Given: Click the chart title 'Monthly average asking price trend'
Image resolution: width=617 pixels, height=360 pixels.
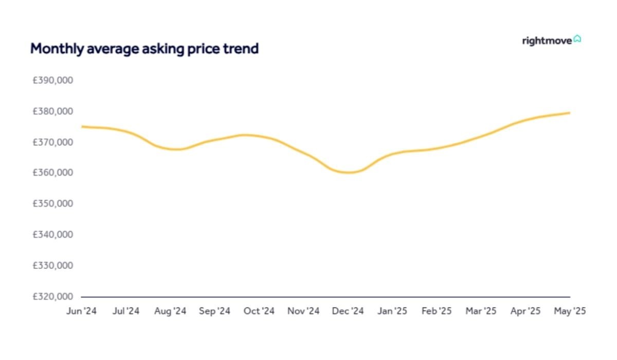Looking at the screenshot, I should (144, 49).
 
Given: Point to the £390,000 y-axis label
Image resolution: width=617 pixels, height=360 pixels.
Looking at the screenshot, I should (53, 81).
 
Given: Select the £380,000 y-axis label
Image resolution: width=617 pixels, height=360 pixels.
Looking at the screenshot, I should (53, 112).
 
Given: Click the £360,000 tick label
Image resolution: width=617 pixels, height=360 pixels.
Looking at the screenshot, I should (53, 173).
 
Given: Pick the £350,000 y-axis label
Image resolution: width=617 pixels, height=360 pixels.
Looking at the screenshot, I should (53, 204).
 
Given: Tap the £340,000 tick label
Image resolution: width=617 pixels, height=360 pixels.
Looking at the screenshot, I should (53, 235).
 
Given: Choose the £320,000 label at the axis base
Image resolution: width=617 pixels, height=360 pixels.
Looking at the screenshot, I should (53, 297).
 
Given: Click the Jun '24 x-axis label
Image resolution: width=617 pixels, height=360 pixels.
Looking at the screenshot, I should (81, 311).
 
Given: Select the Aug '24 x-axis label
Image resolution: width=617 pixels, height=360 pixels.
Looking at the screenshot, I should (170, 311).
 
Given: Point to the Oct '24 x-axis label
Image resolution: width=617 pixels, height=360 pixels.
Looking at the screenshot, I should (259, 311).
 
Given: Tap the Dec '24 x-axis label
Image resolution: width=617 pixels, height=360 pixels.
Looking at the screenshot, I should (348, 311).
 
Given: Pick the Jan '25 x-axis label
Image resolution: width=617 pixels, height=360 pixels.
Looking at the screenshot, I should (392, 311).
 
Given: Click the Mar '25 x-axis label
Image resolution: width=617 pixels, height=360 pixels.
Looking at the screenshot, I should (481, 311).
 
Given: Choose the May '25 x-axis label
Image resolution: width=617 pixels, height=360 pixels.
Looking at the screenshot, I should (570, 311).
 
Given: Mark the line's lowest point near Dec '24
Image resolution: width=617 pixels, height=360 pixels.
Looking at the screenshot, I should (349, 172).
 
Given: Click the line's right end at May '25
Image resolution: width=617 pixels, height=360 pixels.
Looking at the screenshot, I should (570, 113).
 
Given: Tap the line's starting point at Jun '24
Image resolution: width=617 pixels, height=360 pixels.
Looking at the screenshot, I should (82, 127).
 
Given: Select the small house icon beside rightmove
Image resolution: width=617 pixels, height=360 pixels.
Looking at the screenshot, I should (577, 39).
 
